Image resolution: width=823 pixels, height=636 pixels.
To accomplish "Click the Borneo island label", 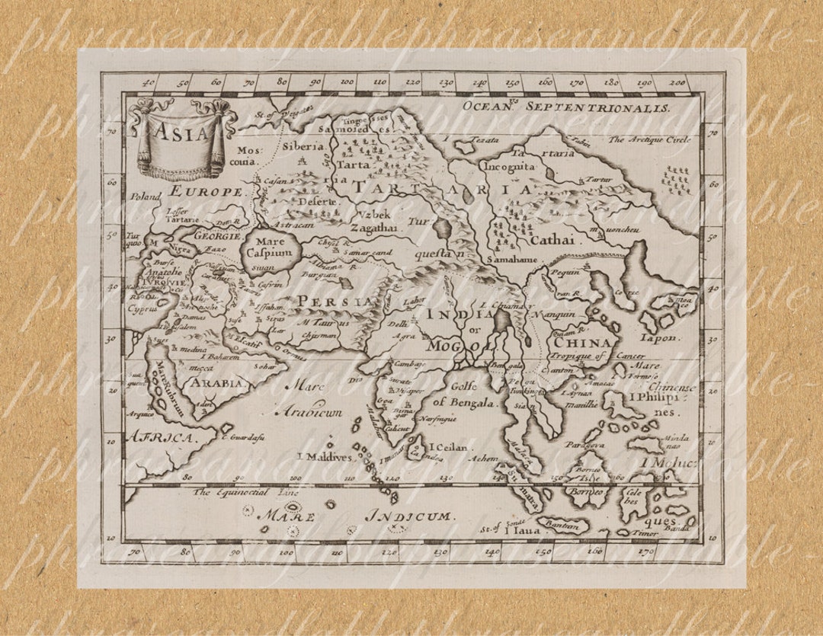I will pyautogui.click(x=587, y=492).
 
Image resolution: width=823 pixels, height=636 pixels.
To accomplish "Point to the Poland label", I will pyautogui.click(x=146, y=197).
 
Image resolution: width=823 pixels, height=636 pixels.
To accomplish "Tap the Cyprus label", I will pyautogui.click(x=143, y=311).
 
